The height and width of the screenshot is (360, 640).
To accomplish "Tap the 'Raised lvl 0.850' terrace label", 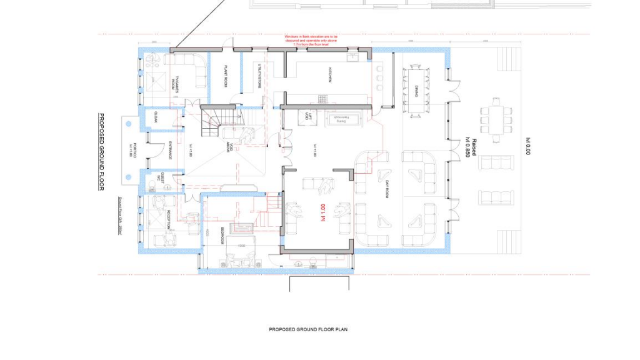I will (x=471, y=147).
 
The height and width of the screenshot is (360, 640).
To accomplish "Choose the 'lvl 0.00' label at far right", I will (x=528, y=146).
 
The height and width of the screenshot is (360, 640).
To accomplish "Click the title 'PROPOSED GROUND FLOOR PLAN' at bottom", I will (x=308, y=329).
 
